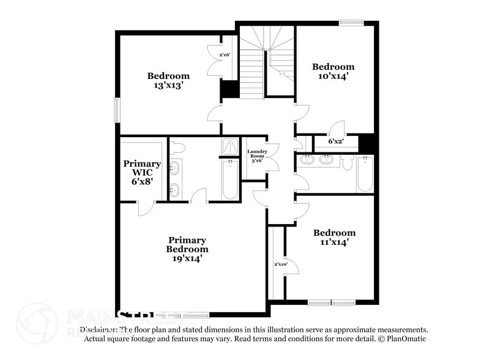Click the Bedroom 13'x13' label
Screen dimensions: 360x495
168,81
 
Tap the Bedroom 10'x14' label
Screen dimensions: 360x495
333,72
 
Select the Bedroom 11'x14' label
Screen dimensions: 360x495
334,238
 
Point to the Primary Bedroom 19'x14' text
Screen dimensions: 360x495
187,249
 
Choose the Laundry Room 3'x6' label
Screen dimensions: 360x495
256,156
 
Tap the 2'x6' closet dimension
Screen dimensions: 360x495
225,55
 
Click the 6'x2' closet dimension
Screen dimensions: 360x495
336,141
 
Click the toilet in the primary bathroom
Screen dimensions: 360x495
178,148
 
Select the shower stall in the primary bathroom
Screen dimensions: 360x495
229,146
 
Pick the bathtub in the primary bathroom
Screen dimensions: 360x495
229,179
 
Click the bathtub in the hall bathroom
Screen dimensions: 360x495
365,174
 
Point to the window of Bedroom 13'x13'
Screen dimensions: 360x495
117,111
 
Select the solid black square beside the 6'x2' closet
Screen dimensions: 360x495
367,142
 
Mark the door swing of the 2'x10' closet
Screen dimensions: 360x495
292,265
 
